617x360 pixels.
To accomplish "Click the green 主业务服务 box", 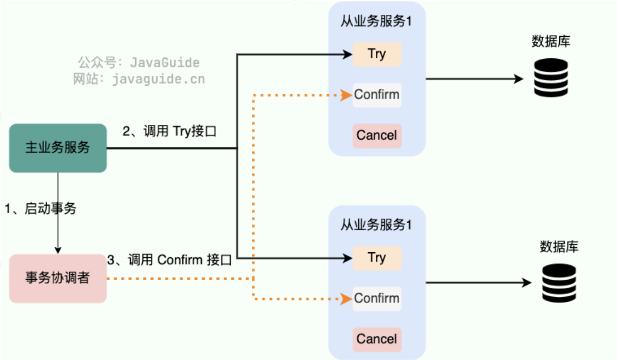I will [58, 148].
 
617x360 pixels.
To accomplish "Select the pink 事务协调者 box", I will [58, 278].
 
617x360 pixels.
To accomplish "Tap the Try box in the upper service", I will [377, 54].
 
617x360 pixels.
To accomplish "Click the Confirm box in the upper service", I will [377, 95].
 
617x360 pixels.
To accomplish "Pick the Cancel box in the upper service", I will [377, 135].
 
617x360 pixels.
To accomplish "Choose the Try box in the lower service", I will [377, 258].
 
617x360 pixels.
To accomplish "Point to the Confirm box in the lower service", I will [377, 298].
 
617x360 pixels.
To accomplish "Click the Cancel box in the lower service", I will [377, 339].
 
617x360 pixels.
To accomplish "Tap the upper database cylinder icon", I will [551, 78].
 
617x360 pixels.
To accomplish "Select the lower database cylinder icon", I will [559, 283].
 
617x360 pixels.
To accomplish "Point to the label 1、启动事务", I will [41, 209].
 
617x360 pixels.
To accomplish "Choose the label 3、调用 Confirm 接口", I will [170, 260].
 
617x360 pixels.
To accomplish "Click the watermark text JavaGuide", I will [165, 63].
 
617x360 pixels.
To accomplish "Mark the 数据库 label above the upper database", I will [551, 41].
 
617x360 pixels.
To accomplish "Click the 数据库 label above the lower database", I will [559, 246].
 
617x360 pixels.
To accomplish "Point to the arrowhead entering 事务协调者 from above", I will [58, 250].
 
